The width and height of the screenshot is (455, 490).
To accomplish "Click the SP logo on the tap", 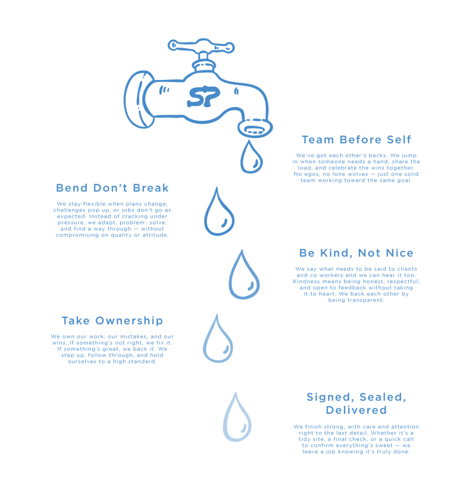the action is point(203,96).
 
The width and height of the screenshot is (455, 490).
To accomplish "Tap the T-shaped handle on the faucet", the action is point(201,46).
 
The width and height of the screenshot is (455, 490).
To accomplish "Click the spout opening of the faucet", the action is point(255,129).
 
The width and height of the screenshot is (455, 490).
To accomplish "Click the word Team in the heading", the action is point(318,140).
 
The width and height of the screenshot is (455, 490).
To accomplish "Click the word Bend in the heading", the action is point(72,188).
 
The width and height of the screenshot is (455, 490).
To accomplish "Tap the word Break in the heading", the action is point(151,188).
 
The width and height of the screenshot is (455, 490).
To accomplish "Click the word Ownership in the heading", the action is point(129,321).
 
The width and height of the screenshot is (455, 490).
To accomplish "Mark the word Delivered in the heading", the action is point(356,410).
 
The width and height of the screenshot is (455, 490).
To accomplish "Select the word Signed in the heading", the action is point(330,398).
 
